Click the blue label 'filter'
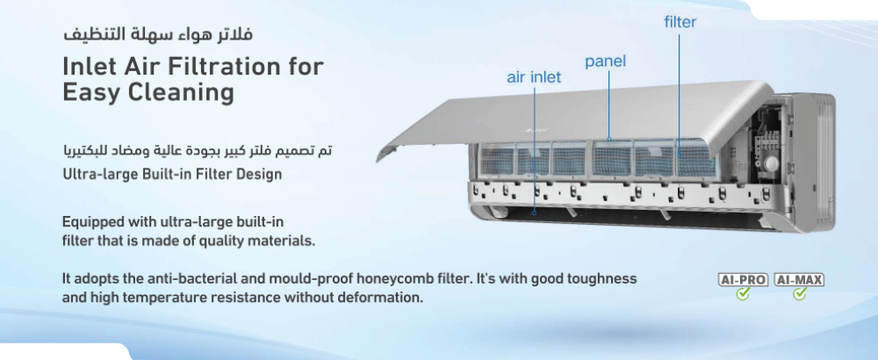[680, 22]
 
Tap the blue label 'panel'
[605, 61]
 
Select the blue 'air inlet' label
[534, 77]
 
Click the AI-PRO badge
[743, 279]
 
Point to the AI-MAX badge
[799, 279]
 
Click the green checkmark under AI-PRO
[743, 293]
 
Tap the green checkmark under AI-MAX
[800, 293]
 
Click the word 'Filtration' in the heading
[218, 67]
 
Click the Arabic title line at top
[158, 33]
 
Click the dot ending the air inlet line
[534, 212]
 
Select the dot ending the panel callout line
[608, 139]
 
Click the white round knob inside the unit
[772, 163]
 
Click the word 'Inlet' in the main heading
[89, 67]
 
